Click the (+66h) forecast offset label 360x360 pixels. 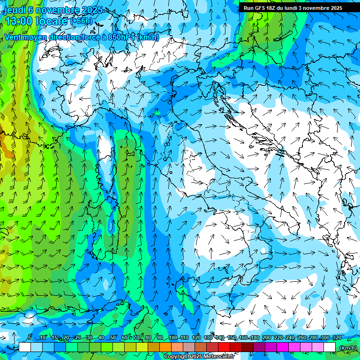81,21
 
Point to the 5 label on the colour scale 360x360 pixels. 30,337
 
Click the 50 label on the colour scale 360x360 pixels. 113,337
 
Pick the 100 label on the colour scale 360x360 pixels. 172,337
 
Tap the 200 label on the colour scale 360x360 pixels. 266,337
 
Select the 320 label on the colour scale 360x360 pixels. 337,337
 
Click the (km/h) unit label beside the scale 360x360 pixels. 348,347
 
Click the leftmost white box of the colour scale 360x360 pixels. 25,347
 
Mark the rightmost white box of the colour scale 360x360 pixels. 330,347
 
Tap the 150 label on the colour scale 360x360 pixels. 232,337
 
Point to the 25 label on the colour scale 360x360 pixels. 77,337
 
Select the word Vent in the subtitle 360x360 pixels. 13,37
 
